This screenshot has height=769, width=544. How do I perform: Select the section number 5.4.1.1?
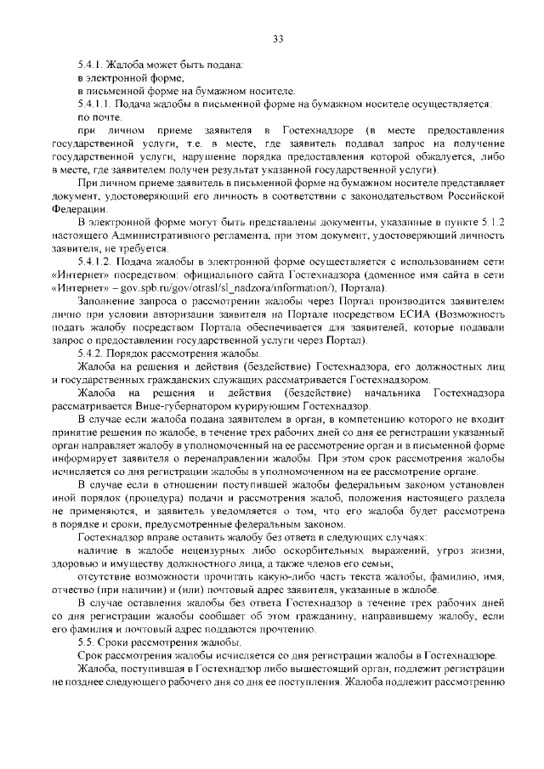click(x=96, y=103)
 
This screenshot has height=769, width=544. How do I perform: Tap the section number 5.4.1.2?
click(x=96, y=260)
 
